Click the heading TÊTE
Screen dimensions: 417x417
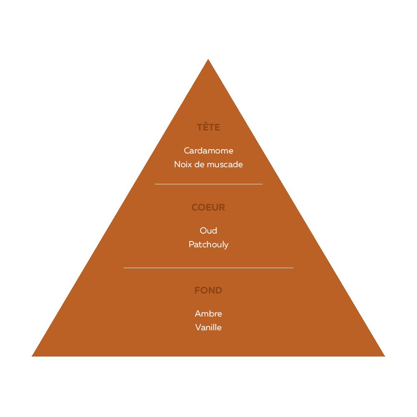coord(208,127)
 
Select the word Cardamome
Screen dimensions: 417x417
coord(208,151)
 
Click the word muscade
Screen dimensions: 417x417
coord(225,164)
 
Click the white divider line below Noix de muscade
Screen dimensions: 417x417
coord(208,184)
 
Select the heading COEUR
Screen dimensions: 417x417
coord(208,207)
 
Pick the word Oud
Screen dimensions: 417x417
coord(208,231)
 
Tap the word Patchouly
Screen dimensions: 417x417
coord(208,245)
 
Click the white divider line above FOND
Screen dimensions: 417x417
coord(208,268)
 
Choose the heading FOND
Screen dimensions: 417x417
coord(208,290)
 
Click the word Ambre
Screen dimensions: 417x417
coord(208,314)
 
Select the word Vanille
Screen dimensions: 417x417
coord(208,327)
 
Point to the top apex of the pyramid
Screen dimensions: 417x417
coord(208,59)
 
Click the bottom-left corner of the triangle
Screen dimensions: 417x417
coord(32,356)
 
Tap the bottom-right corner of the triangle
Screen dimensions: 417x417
coord(385,356)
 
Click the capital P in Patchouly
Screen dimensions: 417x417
coord(191,244)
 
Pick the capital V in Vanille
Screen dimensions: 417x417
coord(198,327)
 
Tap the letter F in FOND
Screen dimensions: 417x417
coord(197,290)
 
